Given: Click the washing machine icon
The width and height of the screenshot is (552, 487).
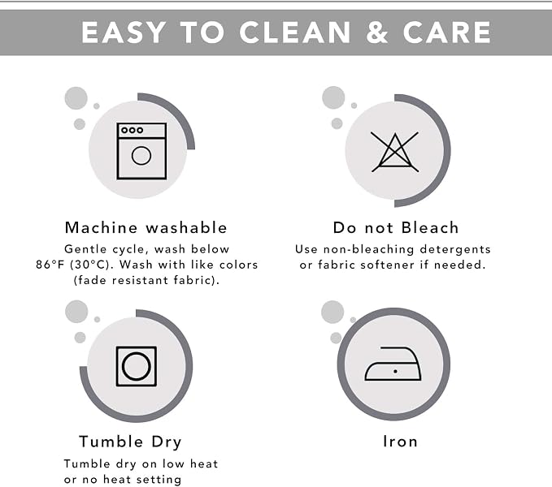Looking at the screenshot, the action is pos(141,151).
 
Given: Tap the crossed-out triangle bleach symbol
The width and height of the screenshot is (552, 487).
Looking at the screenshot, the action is pos(394,152).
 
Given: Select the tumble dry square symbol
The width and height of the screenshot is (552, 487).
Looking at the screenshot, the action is pos(137,366).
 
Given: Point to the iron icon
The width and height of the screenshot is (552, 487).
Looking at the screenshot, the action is pos(393,364).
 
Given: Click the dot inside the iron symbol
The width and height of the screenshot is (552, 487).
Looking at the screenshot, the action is pos(395,372).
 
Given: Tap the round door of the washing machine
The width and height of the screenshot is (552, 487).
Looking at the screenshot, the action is pos(141,156).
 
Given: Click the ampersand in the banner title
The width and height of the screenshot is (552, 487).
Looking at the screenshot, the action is pos(376,32).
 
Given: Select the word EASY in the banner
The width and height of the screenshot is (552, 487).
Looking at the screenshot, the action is pos(124,32).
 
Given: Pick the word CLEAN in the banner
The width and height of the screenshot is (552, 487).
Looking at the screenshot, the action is pos(294,32).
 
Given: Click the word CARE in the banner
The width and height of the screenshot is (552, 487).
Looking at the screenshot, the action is pos(447,32).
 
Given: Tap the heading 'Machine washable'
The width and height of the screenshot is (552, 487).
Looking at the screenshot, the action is pos(146,228).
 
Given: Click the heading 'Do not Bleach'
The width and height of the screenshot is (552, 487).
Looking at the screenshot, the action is pos(396,228).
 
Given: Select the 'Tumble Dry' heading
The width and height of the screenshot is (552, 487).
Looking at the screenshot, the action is pos(130,442).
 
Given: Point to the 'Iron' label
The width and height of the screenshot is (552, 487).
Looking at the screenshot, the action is pos(400,442).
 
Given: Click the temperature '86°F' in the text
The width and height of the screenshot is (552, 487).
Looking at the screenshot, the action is pos(50,265).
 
